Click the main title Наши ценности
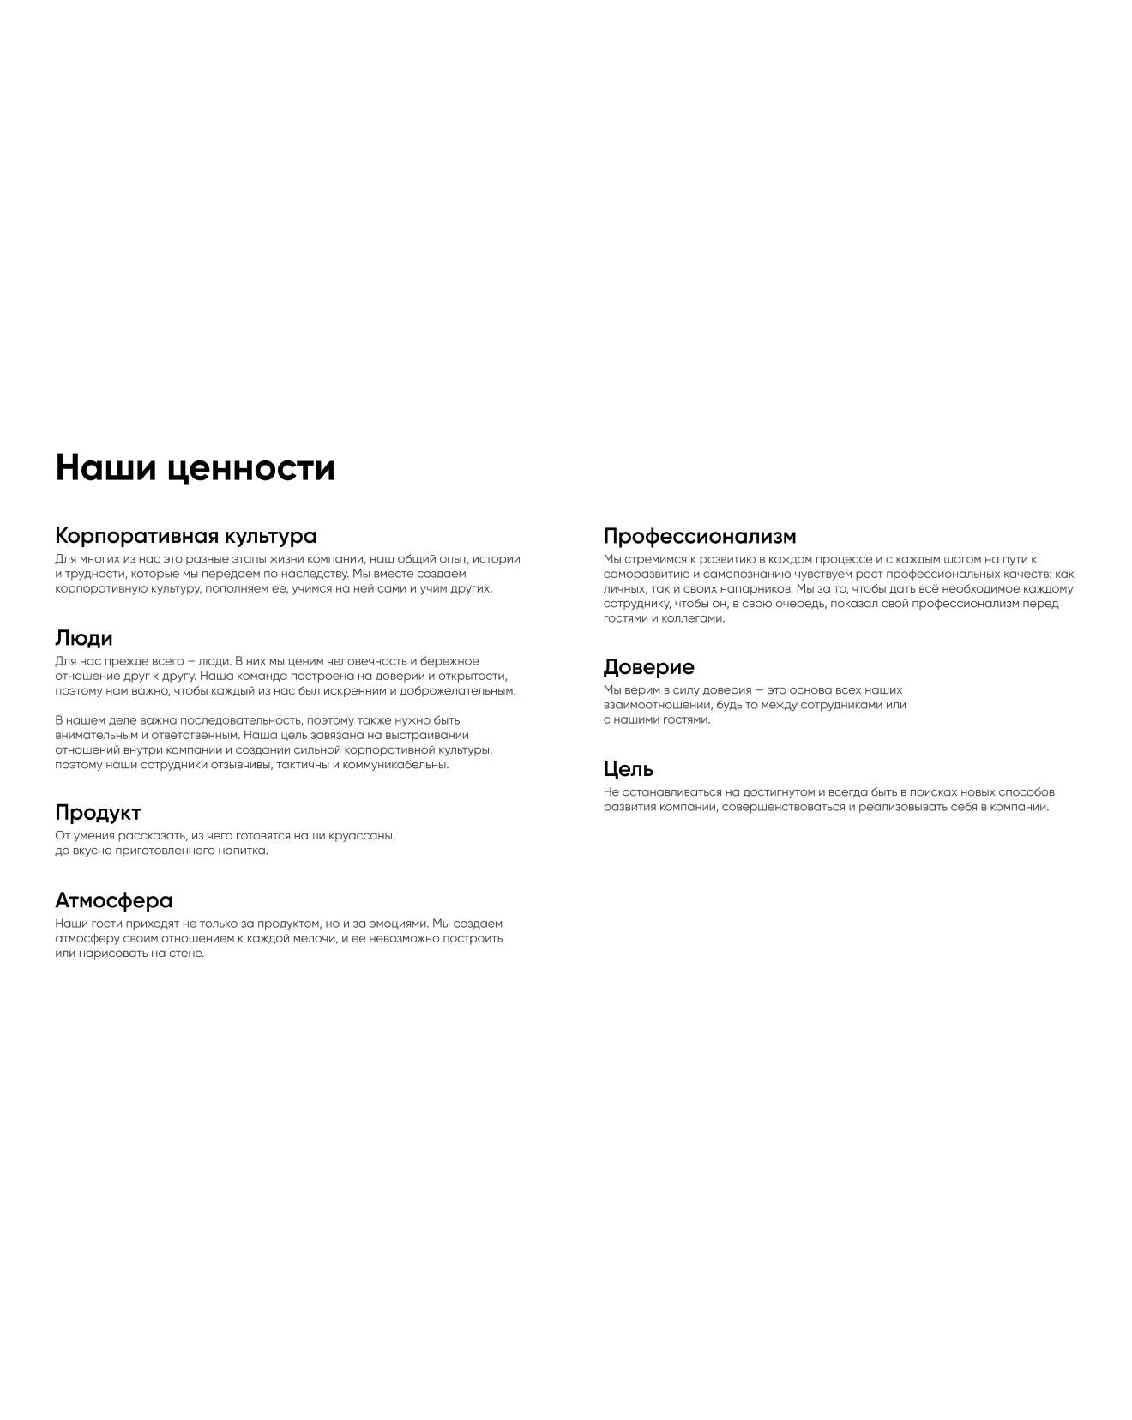(x=195, y=468)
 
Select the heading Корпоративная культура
(x=185, y=536)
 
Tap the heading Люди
(x=84, y=638)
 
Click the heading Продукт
(x=98, y=812)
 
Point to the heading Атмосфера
(x=113, y=900)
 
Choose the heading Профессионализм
(x=700, y=536)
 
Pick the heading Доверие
(x=648, y=666)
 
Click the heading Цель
(x=628, y=768)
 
